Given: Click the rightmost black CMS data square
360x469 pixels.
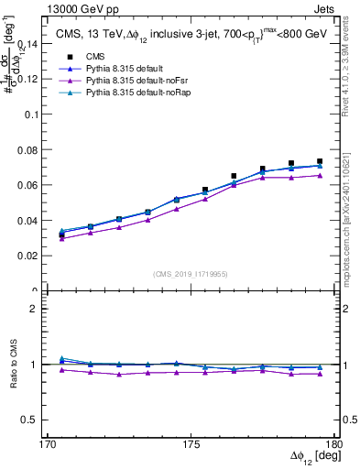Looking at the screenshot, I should pos(320,161).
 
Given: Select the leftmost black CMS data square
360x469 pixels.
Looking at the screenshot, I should pos(61,235).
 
